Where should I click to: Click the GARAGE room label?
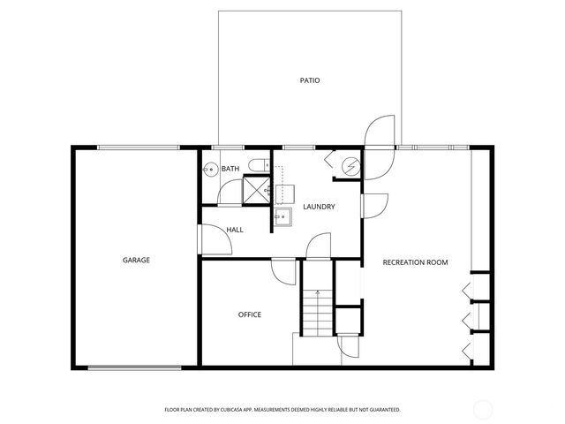(136, 260)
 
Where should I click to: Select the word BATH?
(230, 169)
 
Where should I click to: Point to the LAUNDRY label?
(319, 207)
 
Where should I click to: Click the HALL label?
(235, 230)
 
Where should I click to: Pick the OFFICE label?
(250, 314)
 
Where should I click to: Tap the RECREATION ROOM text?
(415, 262)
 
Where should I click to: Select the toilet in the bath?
(255, 165)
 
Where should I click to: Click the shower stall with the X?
(256, 190)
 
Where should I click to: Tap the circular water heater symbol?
(350, 165)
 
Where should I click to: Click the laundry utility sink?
(282, 216)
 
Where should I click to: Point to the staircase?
(315, 309)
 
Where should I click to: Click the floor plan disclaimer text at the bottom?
(282, 410)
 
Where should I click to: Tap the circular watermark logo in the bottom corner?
(483, 408)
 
